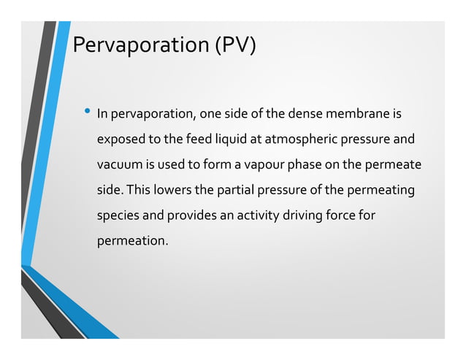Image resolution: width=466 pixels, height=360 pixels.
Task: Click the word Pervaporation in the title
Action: coord(139,46)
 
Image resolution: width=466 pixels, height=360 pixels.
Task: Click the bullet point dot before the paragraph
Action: coord(87,112)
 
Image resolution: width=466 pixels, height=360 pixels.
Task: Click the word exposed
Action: coord(121,139)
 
